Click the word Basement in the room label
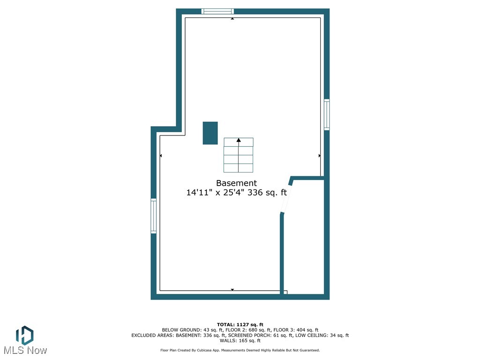tap(236, 183)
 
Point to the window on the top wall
tap(217, 11)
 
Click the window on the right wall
tap(327, 114)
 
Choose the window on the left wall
tap(153, 216)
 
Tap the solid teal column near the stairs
tap(210, 133)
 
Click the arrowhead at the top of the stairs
tap(239, 140)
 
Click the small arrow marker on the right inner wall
tap(320, 155)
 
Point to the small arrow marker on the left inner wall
tap(161, 155)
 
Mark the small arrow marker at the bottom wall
tap(232, 290)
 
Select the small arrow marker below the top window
tap(232, 19)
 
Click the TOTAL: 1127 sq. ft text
tap(240, 324)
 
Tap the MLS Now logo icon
tap(24, 336)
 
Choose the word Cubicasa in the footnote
tap(211, 350)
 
